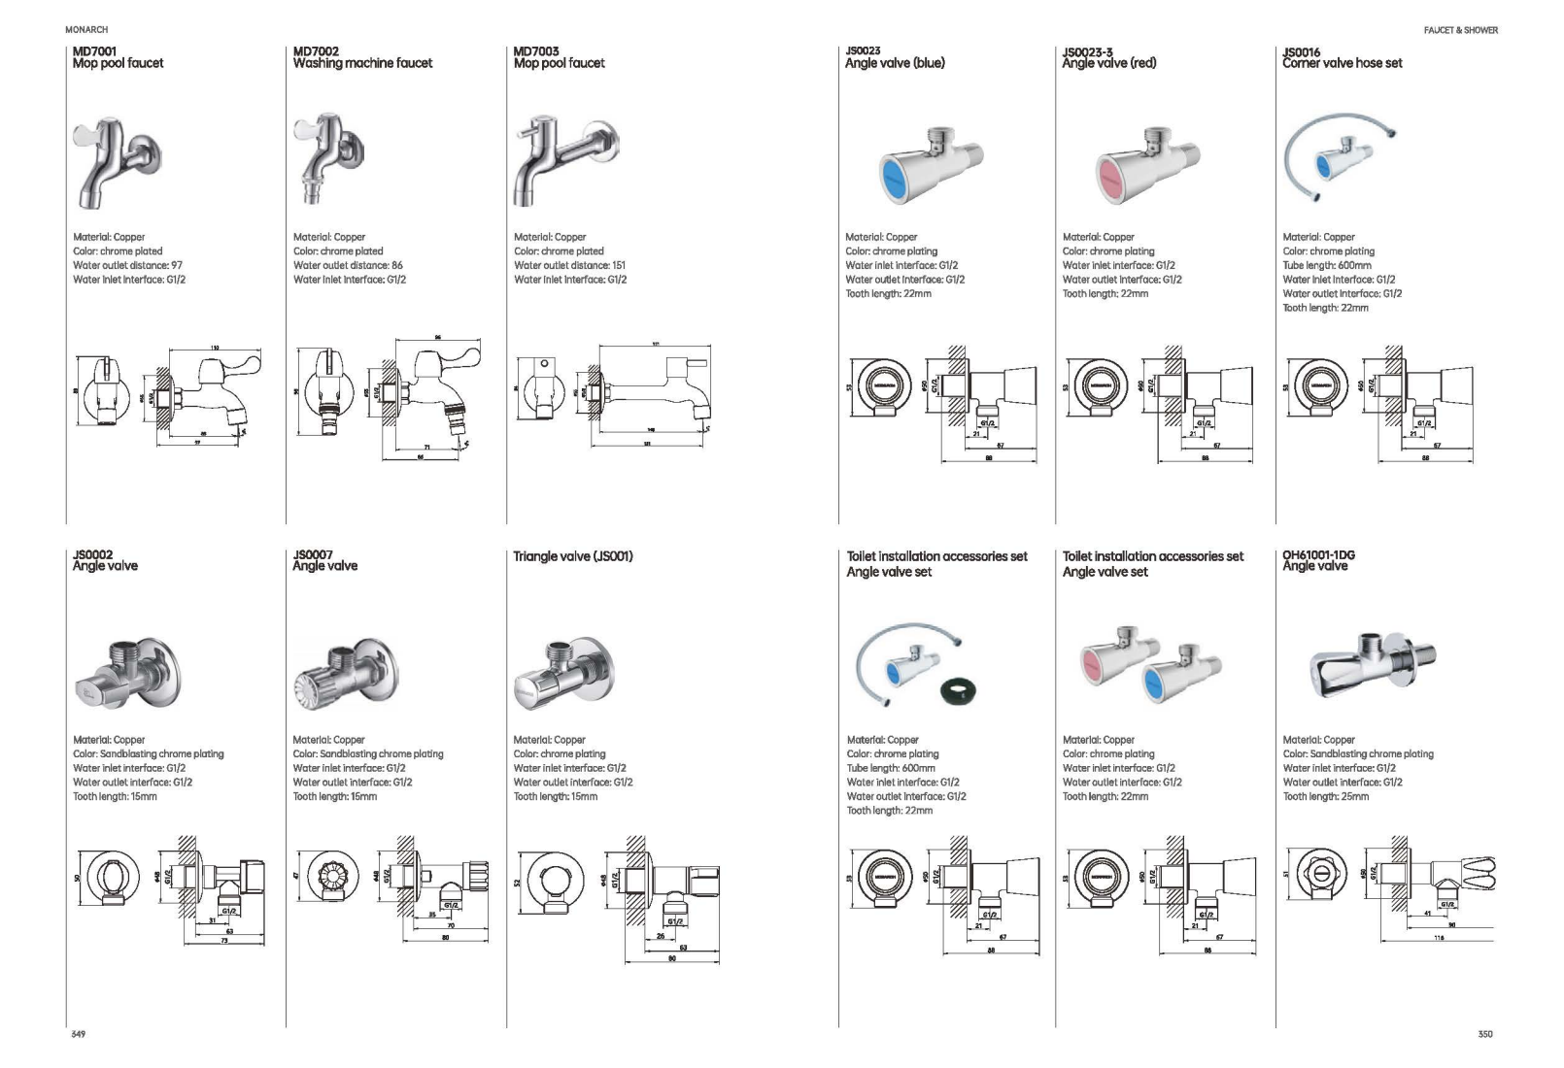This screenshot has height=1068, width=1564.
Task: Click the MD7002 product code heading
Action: click(x=316, y=50)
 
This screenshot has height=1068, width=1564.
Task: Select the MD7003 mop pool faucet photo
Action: click(x=564, y=158)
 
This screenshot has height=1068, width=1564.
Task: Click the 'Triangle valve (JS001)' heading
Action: click(x=573, y=556)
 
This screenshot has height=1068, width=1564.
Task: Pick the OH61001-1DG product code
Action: click(x=1318, y=554)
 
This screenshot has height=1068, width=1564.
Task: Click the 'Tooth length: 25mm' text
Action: click(x=1325, y=796)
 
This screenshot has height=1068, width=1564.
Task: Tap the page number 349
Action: click(x=79, y=1034)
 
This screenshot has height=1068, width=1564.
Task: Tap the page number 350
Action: click(x=1484, y=1034)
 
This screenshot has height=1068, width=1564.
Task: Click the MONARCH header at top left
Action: click(x=86, y=30)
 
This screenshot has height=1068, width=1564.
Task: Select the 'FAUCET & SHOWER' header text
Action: click(x=1460, y=30)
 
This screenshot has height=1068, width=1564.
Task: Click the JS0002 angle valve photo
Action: click(x=126, y=672)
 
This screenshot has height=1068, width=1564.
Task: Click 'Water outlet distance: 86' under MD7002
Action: click(x=348, y=265)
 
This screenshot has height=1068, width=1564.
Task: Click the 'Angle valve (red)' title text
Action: click(x=1108, y=63)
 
